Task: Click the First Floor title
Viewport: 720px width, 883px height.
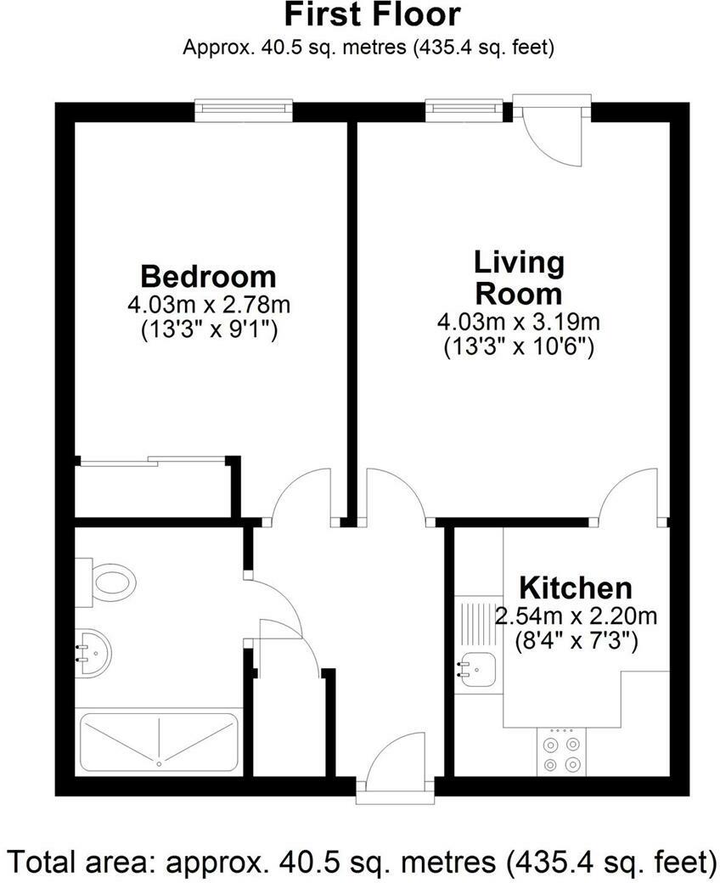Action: pos(372,14)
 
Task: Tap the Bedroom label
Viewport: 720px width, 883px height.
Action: pos(208,277)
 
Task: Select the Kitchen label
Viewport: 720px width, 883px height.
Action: pos(575,588)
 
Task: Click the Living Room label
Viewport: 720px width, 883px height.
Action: pos(518,278)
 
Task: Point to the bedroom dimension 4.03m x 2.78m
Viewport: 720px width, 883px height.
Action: pos(208,305)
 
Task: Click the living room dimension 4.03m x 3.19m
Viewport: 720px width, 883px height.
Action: pos(518,322)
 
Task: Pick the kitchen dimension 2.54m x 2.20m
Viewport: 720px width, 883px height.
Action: pos(576,616)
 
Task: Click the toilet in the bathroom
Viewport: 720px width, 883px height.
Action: pos(110,583)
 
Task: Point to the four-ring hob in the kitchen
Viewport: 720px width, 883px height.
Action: pos(562,751)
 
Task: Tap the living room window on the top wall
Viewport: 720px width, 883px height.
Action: pos(459,108)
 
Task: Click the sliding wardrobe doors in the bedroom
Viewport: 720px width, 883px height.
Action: pos(153,461)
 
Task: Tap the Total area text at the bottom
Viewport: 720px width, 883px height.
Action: pos(360,862)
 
